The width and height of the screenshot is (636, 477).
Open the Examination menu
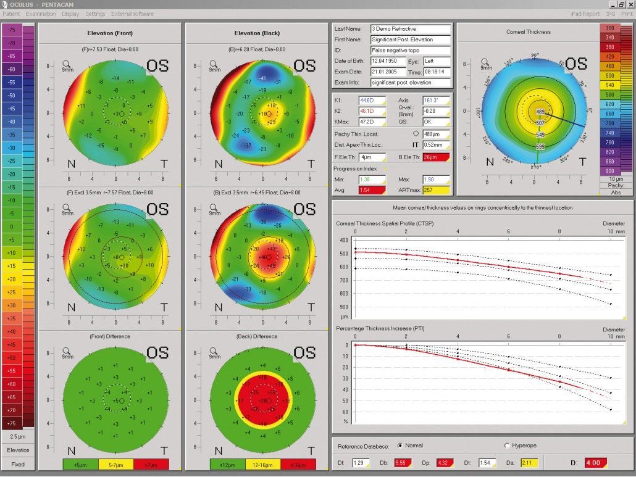tap(40, 14)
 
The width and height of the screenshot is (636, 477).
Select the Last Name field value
tap(411, 29)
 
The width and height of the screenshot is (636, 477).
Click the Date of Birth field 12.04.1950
tap(387, 62)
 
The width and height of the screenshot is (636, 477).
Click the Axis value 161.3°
tap(435, 100)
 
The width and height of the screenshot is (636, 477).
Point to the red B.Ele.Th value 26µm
tap(435, 157)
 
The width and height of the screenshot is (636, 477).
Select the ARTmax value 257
tap(435, 190)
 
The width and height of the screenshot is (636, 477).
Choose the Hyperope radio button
tap(508, 446)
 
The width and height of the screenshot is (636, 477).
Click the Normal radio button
tap(400, 446)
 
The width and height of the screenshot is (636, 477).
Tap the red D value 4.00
tap(595, 462)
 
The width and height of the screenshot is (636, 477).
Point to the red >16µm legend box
tap(298, 463)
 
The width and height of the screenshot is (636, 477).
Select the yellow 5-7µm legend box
tap(115, 463)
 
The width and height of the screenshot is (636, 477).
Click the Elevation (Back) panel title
tap(256, 33)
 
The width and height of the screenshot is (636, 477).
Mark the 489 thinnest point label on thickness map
tap(540, 112)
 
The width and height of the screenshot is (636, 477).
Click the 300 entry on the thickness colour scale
tap(610, 28)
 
